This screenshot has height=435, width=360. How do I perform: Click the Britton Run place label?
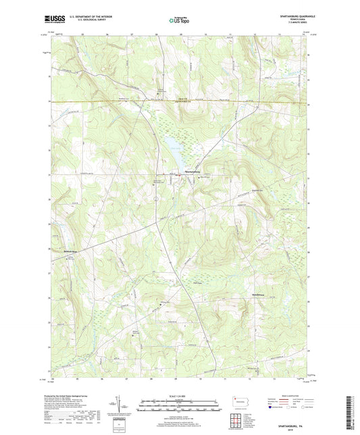coord(72,252)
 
